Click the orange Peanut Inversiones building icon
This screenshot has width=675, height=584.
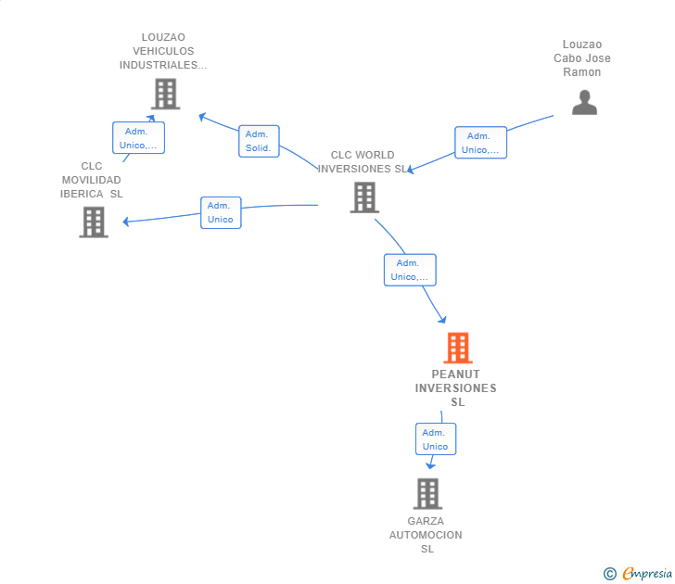[x=457, y=348]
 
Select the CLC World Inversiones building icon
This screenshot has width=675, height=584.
[x=364, y=197]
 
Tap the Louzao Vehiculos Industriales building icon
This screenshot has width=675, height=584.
[x=164, y=94]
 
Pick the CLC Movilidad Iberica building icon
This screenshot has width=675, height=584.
[x=94, y=222]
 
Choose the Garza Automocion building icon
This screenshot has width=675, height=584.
[x=427, y=494]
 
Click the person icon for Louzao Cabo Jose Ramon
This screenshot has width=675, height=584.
[x=584, y=102]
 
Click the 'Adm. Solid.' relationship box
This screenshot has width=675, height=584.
[x=259, y=141]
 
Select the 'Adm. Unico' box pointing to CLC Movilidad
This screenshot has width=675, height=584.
[x=221, y=212]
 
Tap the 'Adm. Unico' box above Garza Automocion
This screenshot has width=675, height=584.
[x=435, y=439]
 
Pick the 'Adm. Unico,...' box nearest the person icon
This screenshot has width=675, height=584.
[x=480, y=143]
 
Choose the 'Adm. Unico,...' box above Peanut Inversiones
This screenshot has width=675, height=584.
[x=410, y=270]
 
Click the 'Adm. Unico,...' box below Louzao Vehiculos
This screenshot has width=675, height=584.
[x=138, y=138]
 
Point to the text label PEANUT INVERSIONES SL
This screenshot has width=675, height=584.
[x=456, y=388]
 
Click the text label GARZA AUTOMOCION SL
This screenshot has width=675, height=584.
[x=426, y=535]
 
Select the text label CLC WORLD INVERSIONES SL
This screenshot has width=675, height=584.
[x=363, y=162]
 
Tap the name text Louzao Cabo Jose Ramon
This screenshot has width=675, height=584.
[x=582, y=58]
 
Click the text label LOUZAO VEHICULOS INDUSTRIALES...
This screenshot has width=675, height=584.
[x=163, y=52]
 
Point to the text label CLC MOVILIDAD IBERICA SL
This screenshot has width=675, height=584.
[x=92, y=180]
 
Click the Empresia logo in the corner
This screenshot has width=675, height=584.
[x=639, y=574]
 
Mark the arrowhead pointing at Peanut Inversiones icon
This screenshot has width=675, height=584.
[x=443, y=320]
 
